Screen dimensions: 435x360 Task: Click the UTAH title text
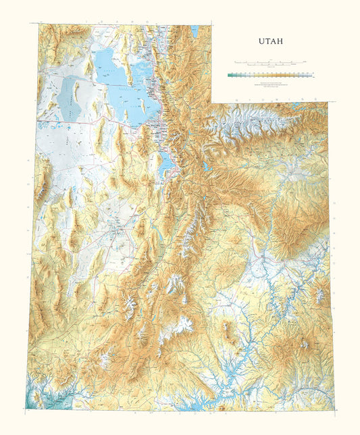click(270, 41)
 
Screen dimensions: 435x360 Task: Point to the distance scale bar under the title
click(268, 61)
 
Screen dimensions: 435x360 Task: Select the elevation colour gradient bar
click(268, 76)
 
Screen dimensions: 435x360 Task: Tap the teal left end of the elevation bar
click(231, 76)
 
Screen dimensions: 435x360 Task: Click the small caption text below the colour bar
click(268, 86)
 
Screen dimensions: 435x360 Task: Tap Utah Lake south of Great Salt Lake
click(165, 162)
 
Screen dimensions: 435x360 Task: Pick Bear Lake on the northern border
click(195, 31)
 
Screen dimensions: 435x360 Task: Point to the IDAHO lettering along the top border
click(122, 22)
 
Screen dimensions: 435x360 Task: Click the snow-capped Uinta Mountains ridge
click(250, 125)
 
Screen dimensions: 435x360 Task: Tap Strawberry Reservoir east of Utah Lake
click(205, 166)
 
